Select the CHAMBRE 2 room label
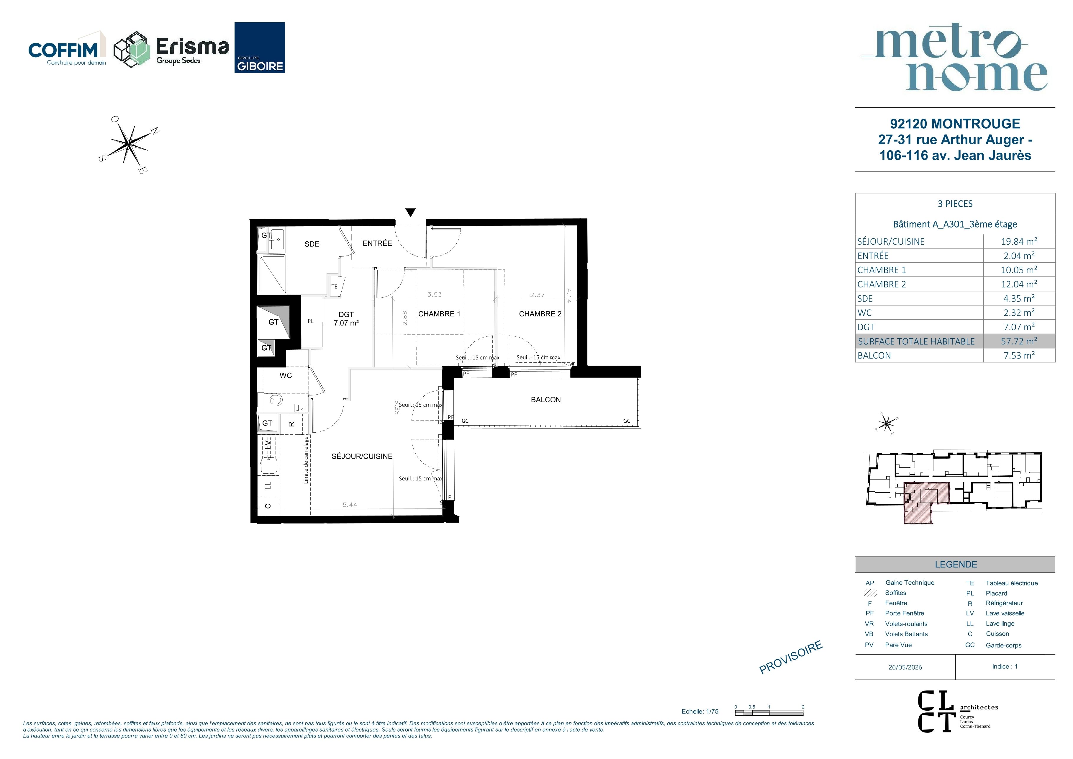(540, 314)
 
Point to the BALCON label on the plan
(545, 400)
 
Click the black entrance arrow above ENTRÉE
(410, 213)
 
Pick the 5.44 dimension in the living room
(350, 505)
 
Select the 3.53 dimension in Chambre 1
(434, 295)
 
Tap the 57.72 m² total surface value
(1019, 341)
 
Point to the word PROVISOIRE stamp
(790, 657)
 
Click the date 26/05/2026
(905, 668)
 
